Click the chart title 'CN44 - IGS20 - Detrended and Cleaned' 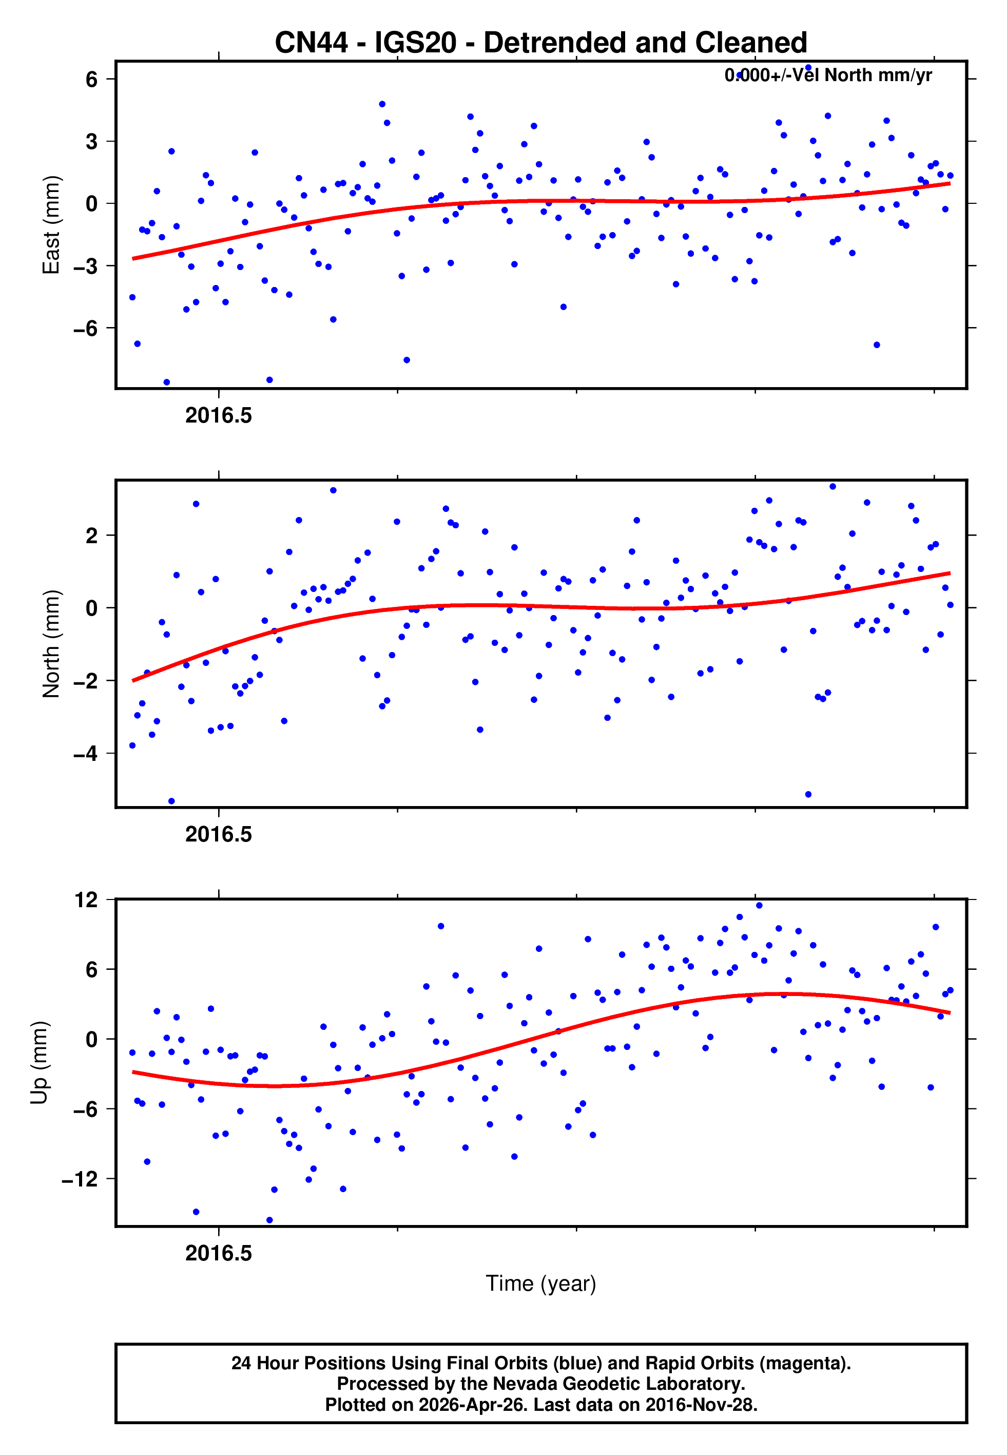(541, 43)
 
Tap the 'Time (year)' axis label (541, 1284)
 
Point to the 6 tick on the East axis (92, 80)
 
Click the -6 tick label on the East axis (85, 328)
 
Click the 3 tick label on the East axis (92, 141)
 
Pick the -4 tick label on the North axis (85, 753)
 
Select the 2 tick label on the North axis (92, 535)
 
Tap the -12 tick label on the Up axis (80, 1179)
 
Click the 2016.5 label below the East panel (218, 416)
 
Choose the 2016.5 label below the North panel (218, 835)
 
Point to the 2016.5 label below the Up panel (218, 1253)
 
